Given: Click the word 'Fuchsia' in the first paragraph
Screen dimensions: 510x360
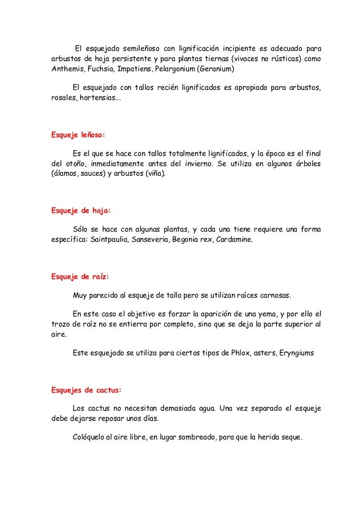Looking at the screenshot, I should pos(100,69).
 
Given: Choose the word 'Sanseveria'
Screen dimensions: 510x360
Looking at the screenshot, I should pos(155,240).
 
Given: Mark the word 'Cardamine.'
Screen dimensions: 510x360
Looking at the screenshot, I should pos(233,240).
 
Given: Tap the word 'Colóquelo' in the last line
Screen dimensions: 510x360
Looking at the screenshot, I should pos(93,438).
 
